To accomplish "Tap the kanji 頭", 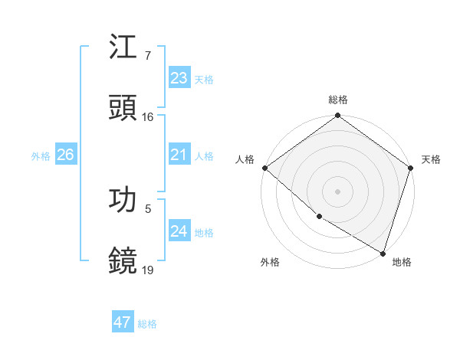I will tap(123, 108).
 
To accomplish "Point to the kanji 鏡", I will tap(123, 260).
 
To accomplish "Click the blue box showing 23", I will tap(179, 78).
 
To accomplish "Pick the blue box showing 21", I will tap(179, 155).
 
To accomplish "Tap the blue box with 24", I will tap(179, 231).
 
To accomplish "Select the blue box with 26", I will tap(65, 155).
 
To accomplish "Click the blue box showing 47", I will tap(123, 322).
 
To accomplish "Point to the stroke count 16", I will tap(148, 117).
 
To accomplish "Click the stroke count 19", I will tap(148, 270).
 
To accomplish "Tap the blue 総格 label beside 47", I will tap(147, 324).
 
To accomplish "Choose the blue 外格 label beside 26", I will tap(41, 156).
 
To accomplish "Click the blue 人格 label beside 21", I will tap(204, 156).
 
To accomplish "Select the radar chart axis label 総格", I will tap(338, 100).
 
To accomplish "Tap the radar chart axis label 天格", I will tap(431, 159).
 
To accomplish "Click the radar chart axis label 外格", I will tap(270, 262).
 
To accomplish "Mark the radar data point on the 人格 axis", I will tap(264, 168).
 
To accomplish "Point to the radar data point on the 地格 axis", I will tap(383, 252).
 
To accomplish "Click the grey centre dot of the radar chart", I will tap(337, 191).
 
